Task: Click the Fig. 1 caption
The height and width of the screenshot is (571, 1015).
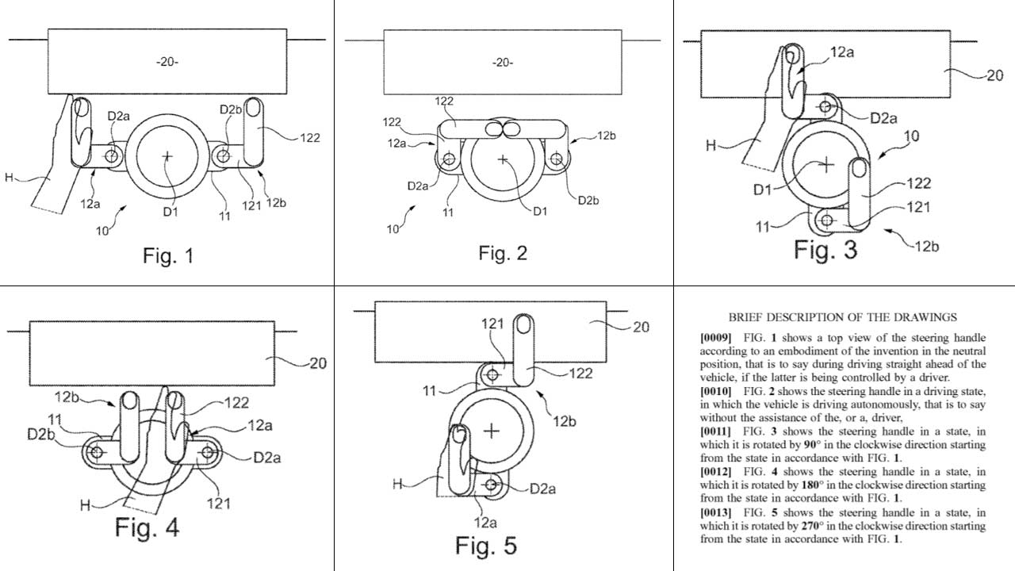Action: pyautogui.click(x=168, y=255)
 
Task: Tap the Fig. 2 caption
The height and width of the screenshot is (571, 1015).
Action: pyautogui.click(x=503, y=253)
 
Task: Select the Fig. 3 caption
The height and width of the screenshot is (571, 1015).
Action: pyautogui.click(x=825, y=249)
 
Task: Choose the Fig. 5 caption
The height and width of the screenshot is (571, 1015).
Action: pyautogui.click(x=486, y=546)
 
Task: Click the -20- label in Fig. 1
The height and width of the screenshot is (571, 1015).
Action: pyautogui.click(x=167, y=62)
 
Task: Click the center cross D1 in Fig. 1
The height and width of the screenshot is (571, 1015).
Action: pyautogui.click(x=167, y=157)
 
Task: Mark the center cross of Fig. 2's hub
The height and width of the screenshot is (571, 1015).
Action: pyautogui.click(x=502, y=159)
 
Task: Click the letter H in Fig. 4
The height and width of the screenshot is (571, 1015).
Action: pyautogui.click(x=85, y=504)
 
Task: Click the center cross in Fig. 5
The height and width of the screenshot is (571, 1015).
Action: pyautogui.click(x=492, y=431)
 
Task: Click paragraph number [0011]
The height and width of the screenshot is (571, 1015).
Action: pyautogui.click(x=715, y=430)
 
